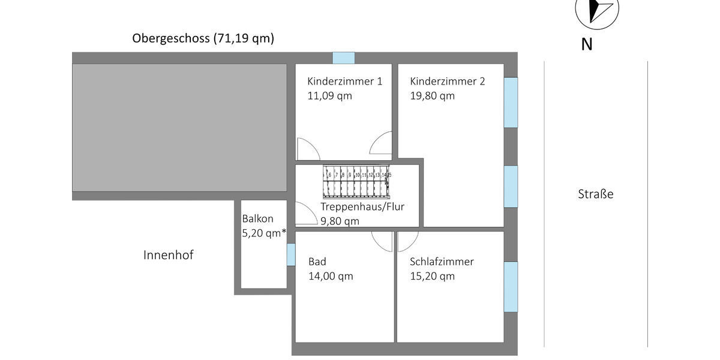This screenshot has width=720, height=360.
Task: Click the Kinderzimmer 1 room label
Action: click(344, 82)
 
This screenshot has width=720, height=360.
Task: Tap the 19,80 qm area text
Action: click(432, 96)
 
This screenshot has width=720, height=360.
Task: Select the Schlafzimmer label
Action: click(442, 262)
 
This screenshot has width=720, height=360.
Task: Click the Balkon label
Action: click(257, 219)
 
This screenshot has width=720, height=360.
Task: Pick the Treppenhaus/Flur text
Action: click(362, 208)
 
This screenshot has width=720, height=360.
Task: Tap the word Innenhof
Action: click(169, 255)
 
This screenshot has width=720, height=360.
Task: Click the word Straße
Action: click(596, 194)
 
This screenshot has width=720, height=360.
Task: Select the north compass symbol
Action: click(596, 11)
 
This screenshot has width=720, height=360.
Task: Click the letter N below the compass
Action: click(587, 45)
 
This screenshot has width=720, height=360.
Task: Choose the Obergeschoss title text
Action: click(203, 39)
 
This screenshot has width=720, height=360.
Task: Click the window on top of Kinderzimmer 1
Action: click(344, 58)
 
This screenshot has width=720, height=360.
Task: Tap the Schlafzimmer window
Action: click(511, 287)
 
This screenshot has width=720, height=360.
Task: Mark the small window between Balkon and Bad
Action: click(291, 254)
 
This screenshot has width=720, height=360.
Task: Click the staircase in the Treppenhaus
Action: click(357, 182)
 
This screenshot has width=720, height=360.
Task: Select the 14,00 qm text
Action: click(331, 277)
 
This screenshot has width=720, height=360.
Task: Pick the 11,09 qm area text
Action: click(329, 96)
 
